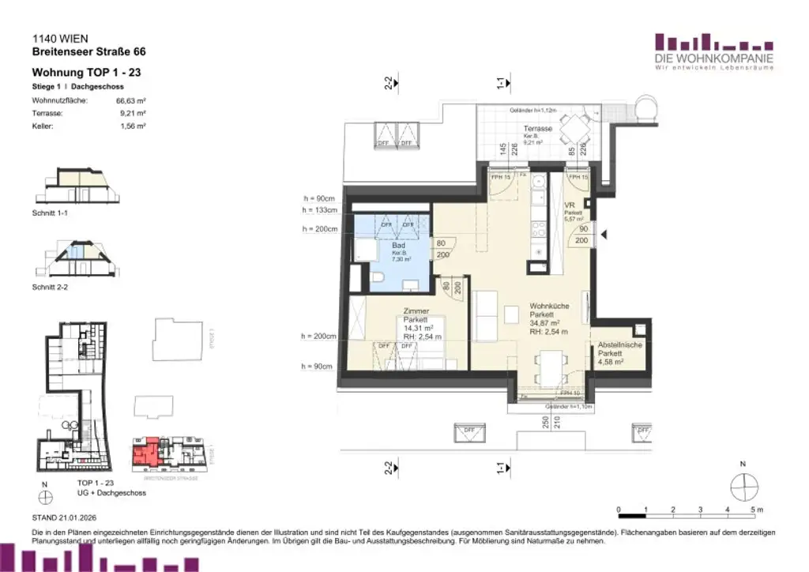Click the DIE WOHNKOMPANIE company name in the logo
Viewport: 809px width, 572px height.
click(713, 58)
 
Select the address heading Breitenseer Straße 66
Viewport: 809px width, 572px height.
click(88, 52)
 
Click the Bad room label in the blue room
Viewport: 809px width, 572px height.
click(398, 246)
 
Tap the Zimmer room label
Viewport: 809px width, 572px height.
click(416, 311)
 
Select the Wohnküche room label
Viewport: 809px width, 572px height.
click(544, 306)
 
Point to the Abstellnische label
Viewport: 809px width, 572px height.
click(620, 345)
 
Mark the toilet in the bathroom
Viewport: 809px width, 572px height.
click(377, 277)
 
